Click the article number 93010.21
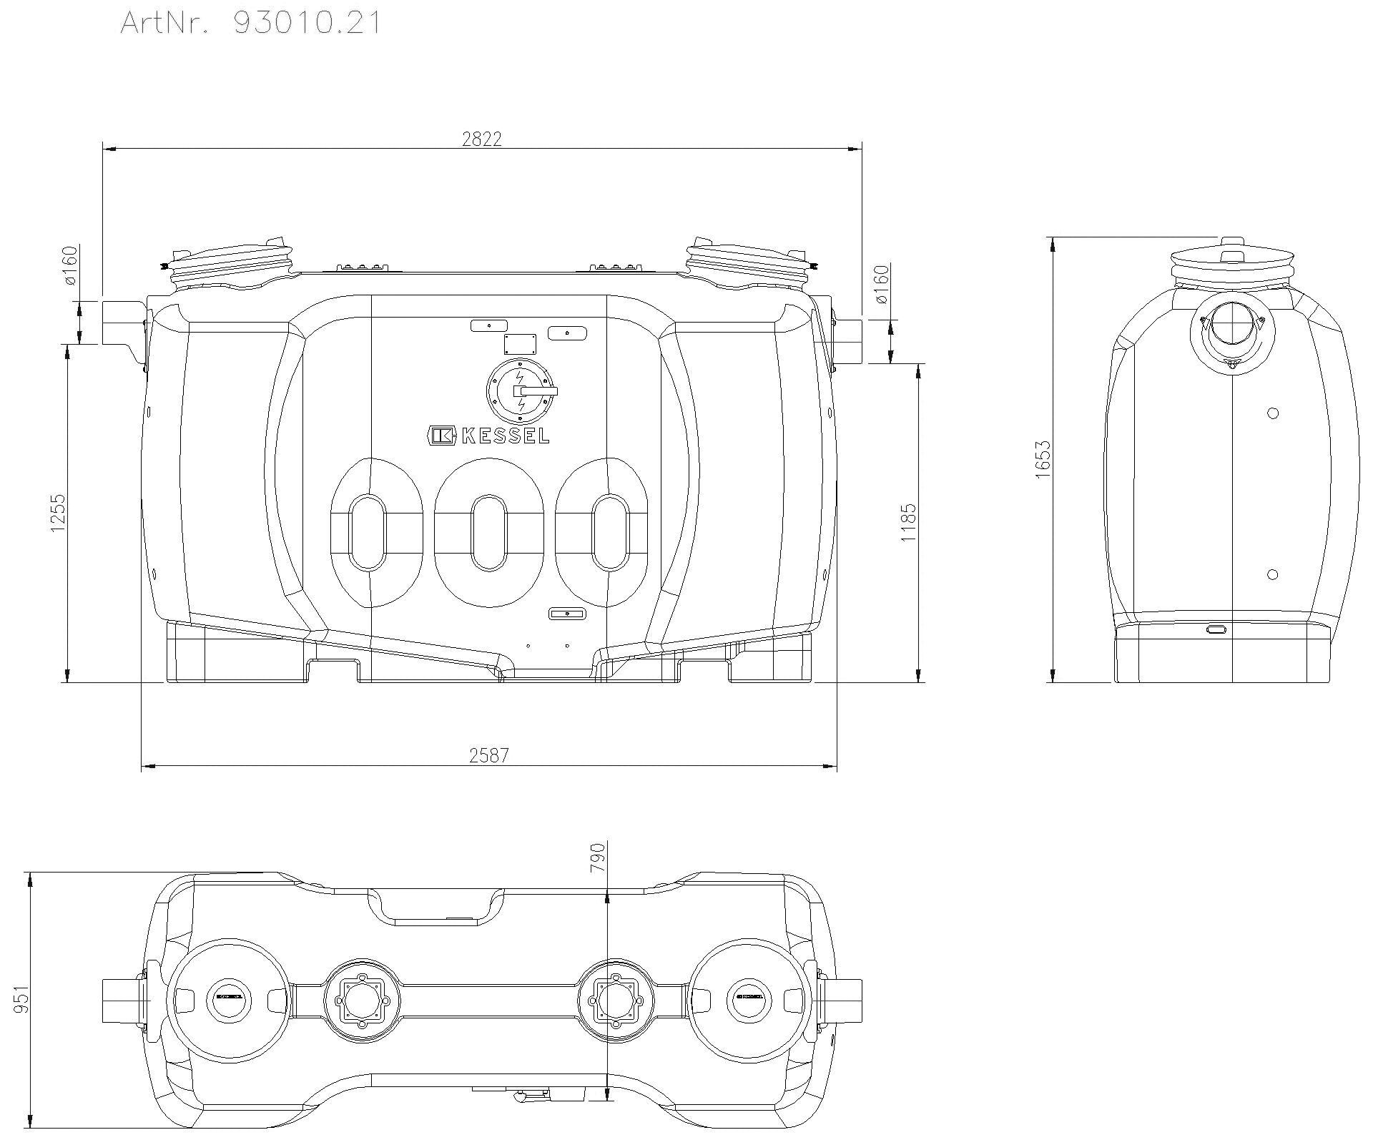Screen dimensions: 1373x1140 click(x=307, y=23)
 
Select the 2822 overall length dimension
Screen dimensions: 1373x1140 click(x=482, y=139)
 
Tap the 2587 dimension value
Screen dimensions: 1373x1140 click(x=489, y=755)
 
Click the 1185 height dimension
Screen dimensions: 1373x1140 click(x=907, y=523)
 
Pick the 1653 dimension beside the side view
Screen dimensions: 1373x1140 click(x=1043, y=459)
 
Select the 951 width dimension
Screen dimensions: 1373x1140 click(x=21, y=998)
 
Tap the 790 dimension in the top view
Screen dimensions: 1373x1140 click(x=598, y=857)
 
